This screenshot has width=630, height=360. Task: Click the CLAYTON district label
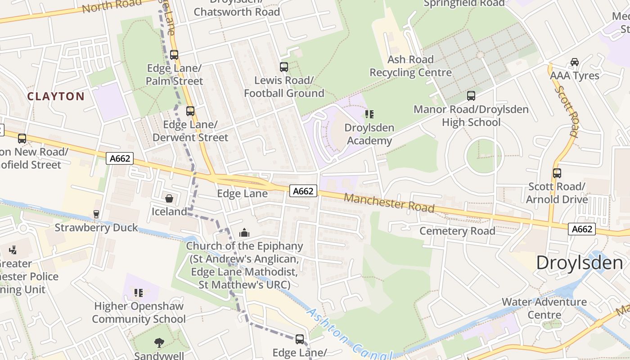point(56,96)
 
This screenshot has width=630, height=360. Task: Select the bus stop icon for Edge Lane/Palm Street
point(174,55)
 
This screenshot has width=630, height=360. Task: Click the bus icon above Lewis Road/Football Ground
point(284,67)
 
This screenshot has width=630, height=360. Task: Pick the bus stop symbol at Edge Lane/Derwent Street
point(190,111)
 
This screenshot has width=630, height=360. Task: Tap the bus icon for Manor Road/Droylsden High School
point(471,96)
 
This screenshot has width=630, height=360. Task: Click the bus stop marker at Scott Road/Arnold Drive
point(557,173)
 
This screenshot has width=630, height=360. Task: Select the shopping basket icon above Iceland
point(169,198)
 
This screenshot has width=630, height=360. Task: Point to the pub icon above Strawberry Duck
point(96,214)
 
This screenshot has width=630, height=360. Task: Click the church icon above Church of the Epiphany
point(244,233)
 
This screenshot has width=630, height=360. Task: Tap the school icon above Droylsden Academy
point(369,114)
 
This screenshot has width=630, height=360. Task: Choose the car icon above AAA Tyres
point(575,62)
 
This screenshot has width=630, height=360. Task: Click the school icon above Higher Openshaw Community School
point(139,293)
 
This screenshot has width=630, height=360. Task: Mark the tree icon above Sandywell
point(159,343)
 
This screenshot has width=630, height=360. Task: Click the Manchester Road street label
point(389,203)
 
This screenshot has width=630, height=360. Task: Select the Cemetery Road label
point(457,231)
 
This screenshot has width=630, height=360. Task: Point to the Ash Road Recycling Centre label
point(410,66)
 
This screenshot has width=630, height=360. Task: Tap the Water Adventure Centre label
point(544,308)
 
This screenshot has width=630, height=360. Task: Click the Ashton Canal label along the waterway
point(346,333)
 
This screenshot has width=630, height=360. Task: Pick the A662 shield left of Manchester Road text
point(303,191)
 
